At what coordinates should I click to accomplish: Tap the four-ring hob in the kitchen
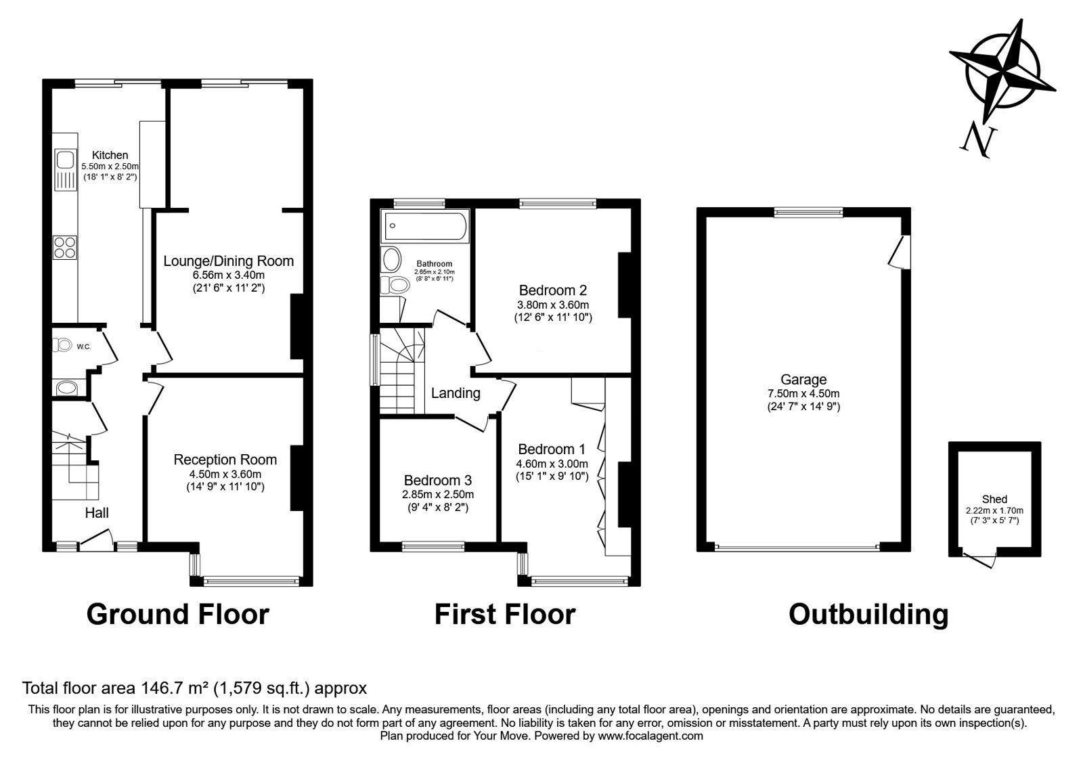pyautogui.click(x=65, y=247)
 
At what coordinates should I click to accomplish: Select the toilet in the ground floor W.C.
pyautogui.click(x=62, y=345)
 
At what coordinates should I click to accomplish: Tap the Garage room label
pyautogui.click(x=803, y=380)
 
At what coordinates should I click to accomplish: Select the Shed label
pyautogui.click(x=994, y=499)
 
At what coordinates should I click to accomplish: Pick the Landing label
pyautogui.click(x=456, y=393)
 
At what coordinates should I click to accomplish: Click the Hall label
pyautogui.click(x=97, y=512)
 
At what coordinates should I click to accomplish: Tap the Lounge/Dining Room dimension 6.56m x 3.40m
pyautogui.click(x=229, y=275)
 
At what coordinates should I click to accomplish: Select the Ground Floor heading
pyautogui.click(x=177, y=615)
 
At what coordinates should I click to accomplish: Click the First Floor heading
pyautogui.click(x=505, y=615)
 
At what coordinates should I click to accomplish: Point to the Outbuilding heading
pyautogui.click(x=868, y=615)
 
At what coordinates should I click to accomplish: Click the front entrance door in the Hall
pyautogui.click(x=96, y=540)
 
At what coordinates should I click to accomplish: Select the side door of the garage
pyautogui.click(x=900, y=251)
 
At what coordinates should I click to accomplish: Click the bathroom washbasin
pyautogui.click(x=392, y=260)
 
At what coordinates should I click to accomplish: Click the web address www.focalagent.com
pyautogui.click(x=650, y=736)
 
